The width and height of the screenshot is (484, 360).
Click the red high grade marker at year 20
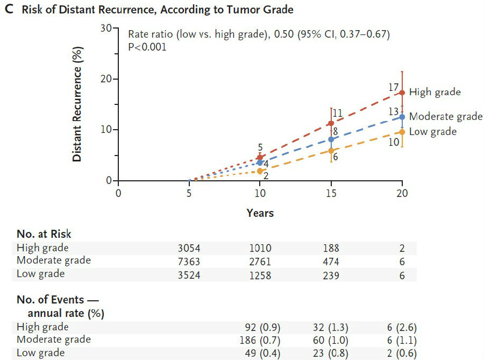[x=402, y=93]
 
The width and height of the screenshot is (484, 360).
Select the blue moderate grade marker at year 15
[x=331, y=139]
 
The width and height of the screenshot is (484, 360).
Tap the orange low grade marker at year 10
[x=260, y=171]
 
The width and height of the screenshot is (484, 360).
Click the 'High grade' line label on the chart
[x=435, y=92]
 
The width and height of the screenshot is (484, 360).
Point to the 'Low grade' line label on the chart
[x=432, y=131]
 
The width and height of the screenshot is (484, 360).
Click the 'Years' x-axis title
[x=260, y=213]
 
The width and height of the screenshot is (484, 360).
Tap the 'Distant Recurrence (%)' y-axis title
[x=77, y=103]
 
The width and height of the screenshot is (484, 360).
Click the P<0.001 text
[x=147, y=47]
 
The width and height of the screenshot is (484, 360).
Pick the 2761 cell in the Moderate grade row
[x=260, y=261]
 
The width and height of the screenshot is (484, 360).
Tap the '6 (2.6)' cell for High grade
[x=402, y=327]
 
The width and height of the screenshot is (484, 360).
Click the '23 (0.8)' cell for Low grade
[x=330, y=353]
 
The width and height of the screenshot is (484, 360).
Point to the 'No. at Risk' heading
[x=44, y=234]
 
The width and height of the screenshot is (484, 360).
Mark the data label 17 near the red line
[x=393, y=87]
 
